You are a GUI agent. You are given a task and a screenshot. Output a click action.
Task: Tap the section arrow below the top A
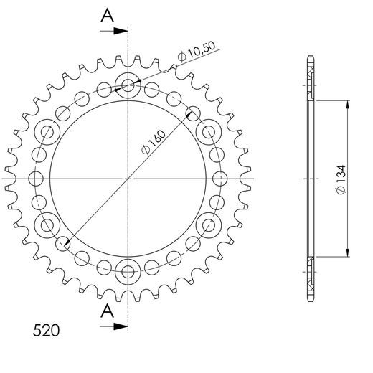click(113, 31)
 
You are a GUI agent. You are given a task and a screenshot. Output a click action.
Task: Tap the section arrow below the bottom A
click(113, 326)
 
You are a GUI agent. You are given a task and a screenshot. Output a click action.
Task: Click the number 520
click(45, 331)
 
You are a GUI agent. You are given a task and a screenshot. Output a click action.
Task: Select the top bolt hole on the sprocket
click(129, 85)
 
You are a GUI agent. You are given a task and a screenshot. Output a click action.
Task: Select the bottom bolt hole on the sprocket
click(129, 270)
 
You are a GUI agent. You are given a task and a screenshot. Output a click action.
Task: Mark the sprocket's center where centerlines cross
click(129, 178)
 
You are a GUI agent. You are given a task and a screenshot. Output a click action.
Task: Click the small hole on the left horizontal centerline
click(36, 178)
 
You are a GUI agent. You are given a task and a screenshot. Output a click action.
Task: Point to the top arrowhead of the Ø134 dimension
click(349, 103)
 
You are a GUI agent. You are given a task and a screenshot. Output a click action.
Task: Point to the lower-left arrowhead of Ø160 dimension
click(66, 246)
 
